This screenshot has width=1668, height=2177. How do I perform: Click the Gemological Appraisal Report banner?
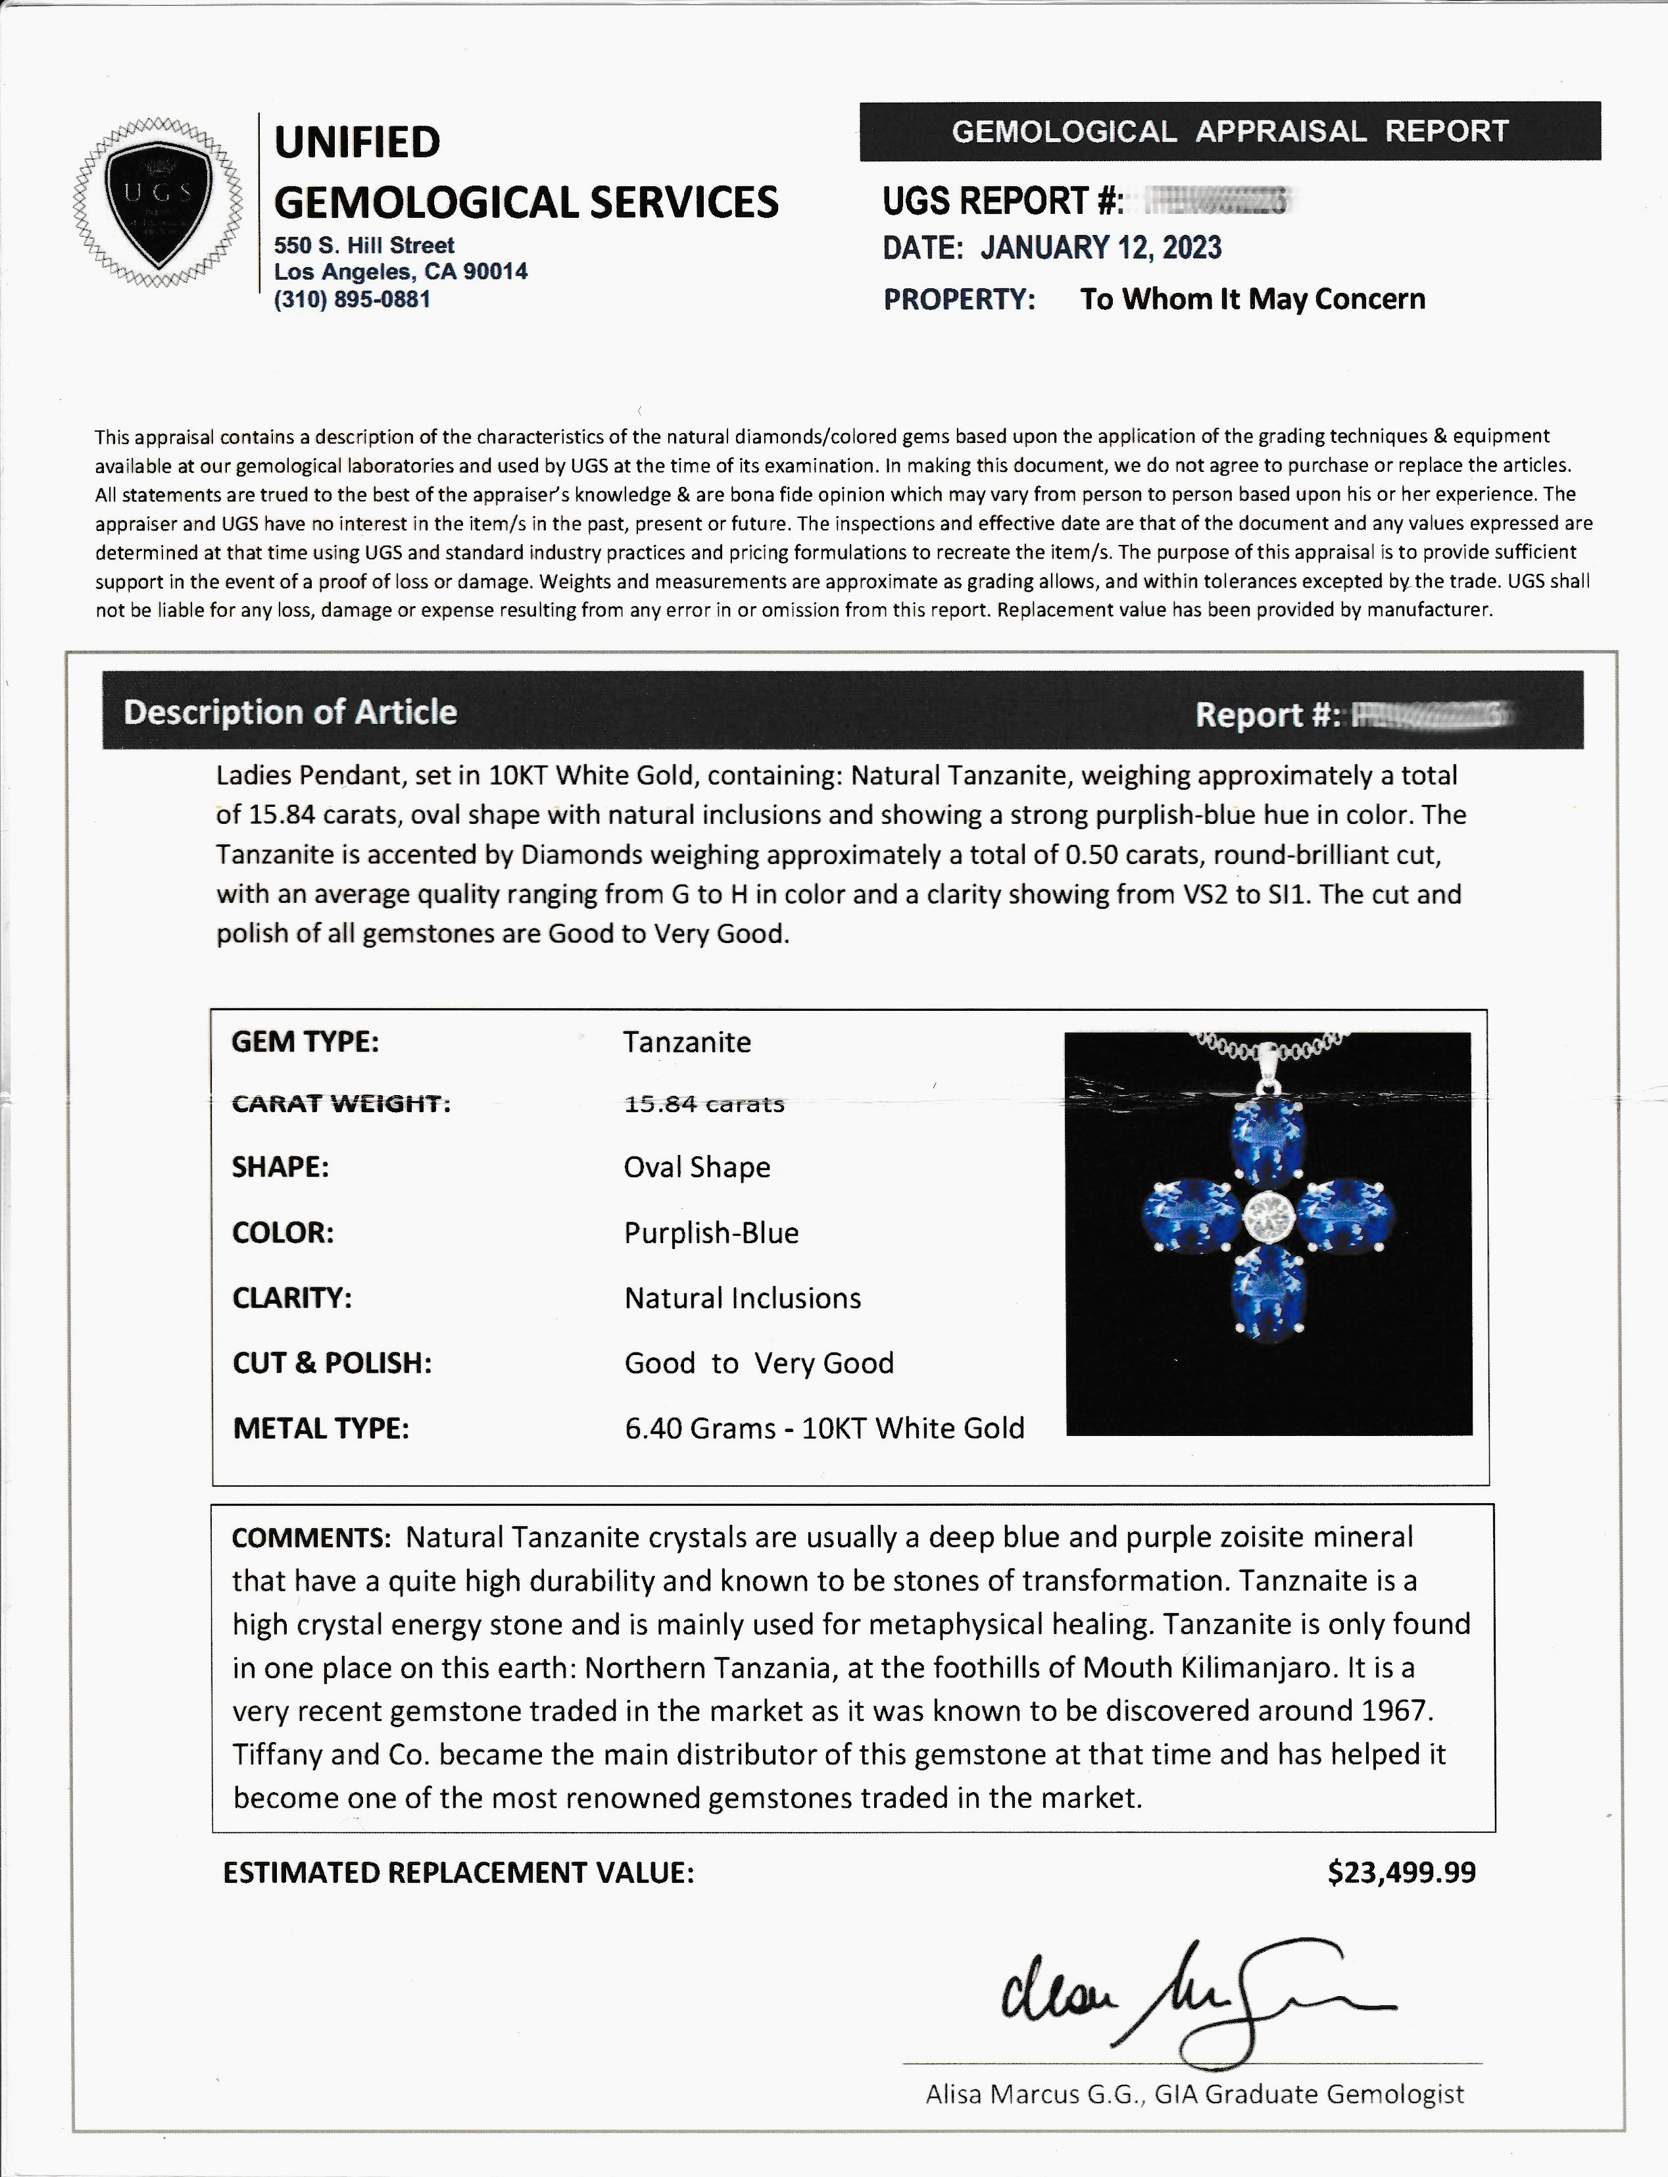(1229, 131)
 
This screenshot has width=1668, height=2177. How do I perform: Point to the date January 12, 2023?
(1100, 247)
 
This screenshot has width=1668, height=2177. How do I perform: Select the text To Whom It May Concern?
(1252, 299)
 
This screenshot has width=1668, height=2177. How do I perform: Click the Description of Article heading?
(290, 712)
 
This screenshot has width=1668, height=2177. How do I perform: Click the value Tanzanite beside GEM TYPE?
(687, 1042)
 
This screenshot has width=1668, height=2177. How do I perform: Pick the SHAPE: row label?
(280, 1167)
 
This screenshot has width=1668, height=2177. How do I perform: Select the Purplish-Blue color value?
(711, 1233)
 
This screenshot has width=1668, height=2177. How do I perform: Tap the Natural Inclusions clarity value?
(743, 1298)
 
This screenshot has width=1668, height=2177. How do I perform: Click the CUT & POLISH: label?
(331, 1363)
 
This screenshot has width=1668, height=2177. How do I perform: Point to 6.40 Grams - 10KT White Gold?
(824, 1428)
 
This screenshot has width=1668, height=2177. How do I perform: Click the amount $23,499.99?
(1401, 1873)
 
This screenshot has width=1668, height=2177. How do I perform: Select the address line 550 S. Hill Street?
(364, 245)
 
